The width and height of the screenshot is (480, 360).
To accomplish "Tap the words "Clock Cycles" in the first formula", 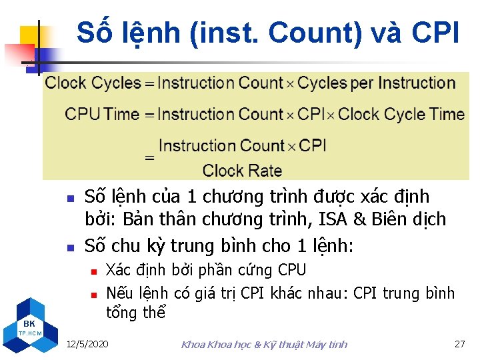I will (x=93, y=83).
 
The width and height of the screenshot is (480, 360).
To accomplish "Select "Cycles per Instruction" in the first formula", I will (x=377, y=83).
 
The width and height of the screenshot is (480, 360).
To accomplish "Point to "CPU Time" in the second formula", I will (x=102, y=114).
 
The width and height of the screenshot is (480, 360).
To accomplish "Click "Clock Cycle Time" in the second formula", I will (x=401, y=114).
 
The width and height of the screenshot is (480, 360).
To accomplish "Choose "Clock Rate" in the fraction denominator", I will (x=242, y=171).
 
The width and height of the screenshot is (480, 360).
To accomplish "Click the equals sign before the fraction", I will (x=150, y=159).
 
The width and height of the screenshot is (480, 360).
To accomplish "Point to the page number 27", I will (x=459, y=344).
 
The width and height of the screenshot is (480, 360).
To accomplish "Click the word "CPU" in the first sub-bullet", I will (x=292, y=270).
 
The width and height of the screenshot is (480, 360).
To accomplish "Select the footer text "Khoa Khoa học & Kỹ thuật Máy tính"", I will (x=264, y=344).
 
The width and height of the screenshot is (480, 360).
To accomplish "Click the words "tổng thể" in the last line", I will (x=135, y=313).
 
